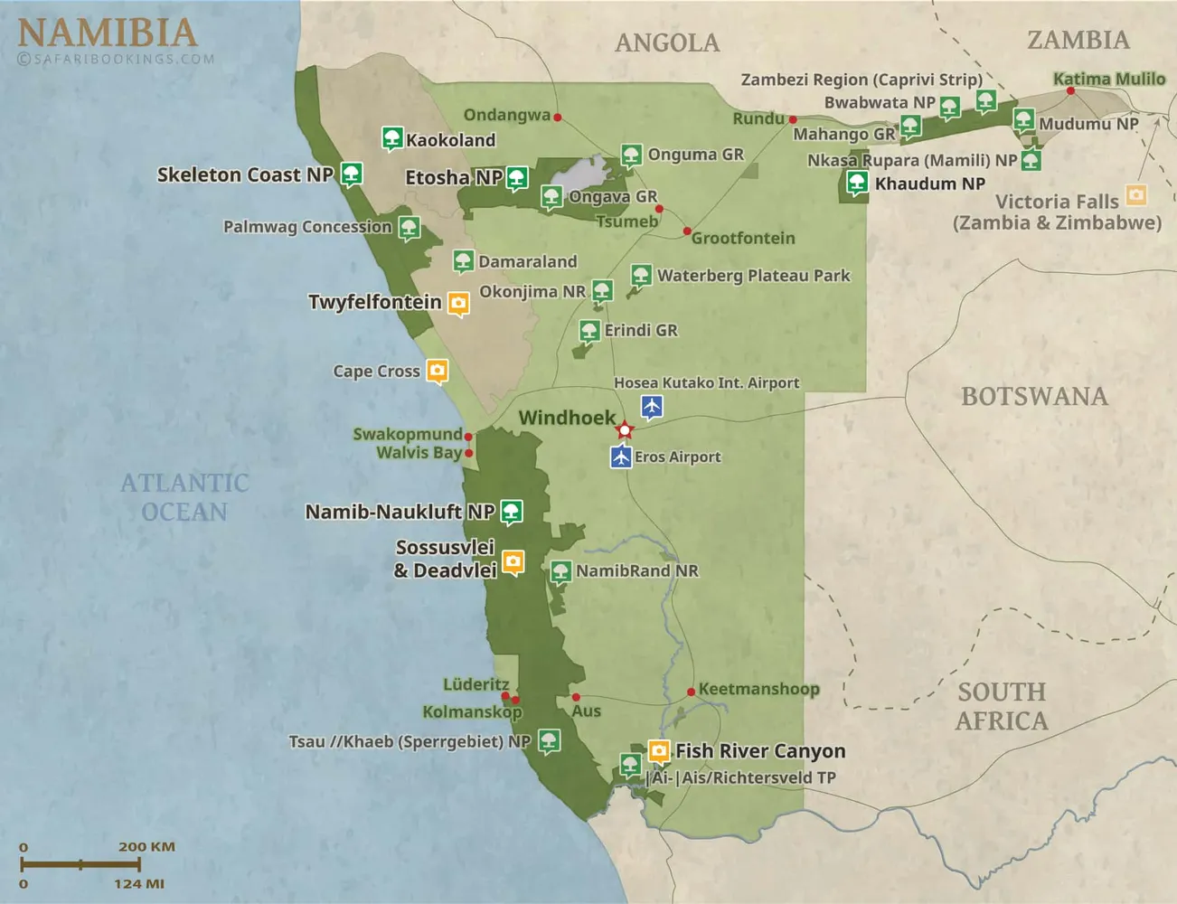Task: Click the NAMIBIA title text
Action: coord(107,33)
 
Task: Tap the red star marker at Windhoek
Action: coord(625,429)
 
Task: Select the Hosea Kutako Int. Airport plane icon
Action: coord(652,406)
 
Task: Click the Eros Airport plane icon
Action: coord(621,457)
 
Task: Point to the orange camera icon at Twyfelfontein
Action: coord(458,303)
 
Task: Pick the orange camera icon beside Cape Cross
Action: coord(438,371)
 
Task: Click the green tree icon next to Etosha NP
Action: coord(517,177)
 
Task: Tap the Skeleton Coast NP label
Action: coord(245,174)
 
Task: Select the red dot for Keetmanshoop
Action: coord(691,692)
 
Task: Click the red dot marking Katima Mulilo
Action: coord(1071,90)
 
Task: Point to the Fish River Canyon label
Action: coord(760,751)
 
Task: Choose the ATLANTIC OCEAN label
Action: coord(184,497)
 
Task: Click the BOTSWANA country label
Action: coord(1034,396)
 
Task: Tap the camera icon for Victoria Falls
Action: coord(1136,194)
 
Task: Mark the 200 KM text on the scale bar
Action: coord(146,847)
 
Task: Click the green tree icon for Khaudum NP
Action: coord(857,183)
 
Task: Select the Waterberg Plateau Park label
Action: coord(753,276)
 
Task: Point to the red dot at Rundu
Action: coord(793,119)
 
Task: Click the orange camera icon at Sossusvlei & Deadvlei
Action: coord(513,562)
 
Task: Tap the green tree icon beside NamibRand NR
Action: coord(560,571)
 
